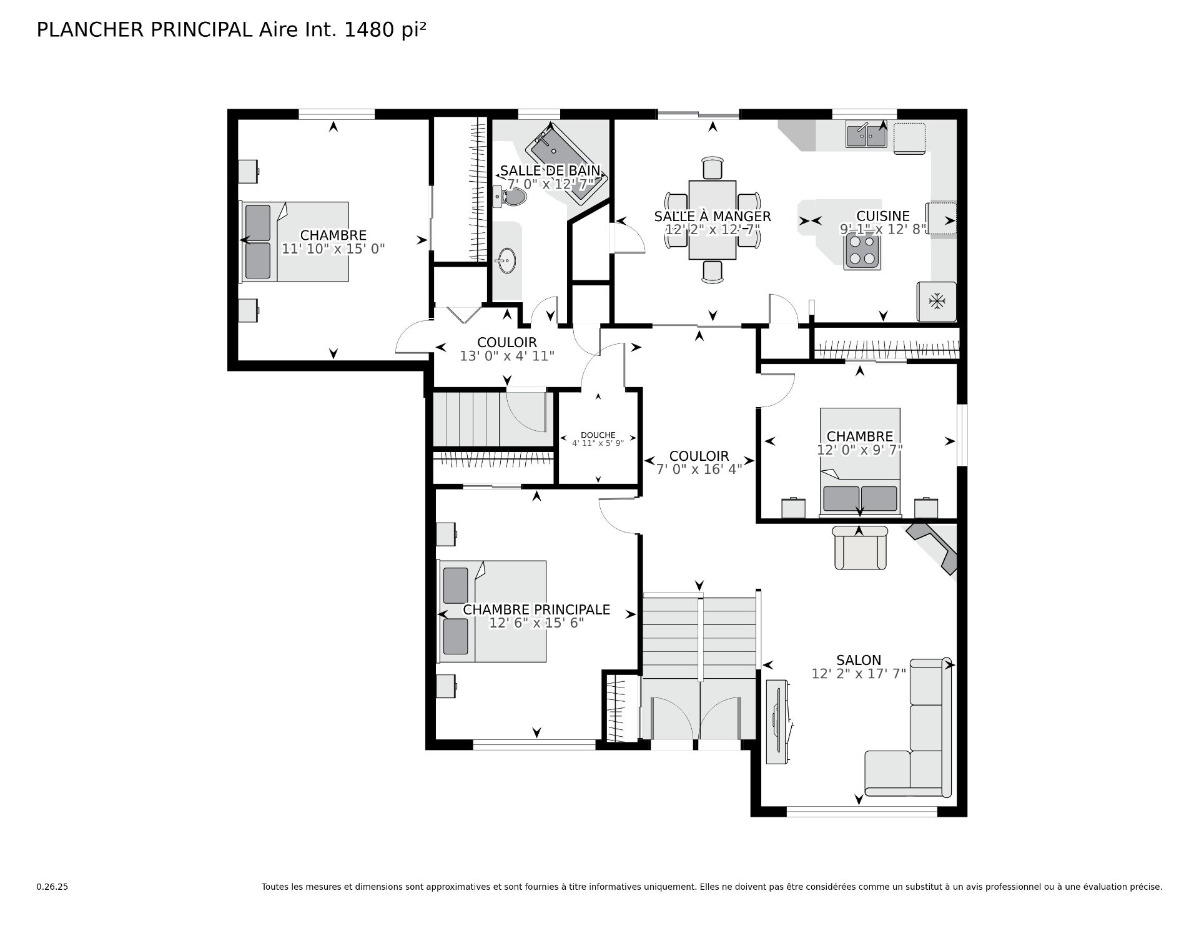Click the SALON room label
click(859, 660)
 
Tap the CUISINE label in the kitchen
click(883, 216)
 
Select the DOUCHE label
click(598, 435)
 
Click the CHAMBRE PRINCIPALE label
click(536, 609)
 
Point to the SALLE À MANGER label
click(713, 216)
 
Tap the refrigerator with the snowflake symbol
click(936, 302)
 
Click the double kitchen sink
click(866, 135)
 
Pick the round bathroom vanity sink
click(506, 260)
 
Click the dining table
click(713, 220)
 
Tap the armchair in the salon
click(860, 548)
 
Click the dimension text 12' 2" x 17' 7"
click(859, 674)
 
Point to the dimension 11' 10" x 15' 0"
click(333, 249)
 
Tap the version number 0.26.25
click(52, 887)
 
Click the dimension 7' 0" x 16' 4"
click(699, 469)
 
